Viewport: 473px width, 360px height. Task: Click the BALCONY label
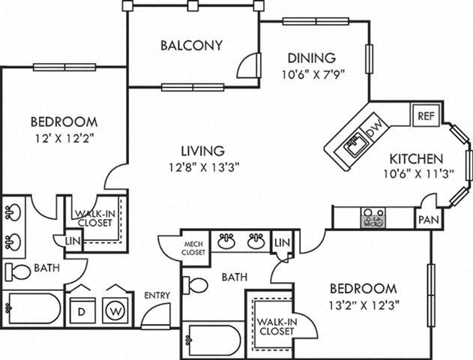(192, 45)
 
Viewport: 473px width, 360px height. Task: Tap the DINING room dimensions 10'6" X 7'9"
(308, 73)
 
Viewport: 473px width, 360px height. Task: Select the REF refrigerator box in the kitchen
(426, 116)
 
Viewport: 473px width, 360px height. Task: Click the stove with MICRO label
(373, 217)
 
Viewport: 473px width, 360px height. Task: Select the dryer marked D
(82, 308)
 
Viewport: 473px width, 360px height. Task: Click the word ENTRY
(158, 295)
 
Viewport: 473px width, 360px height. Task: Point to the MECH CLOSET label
(193, 249)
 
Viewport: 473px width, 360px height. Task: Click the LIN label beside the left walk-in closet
(73, 240)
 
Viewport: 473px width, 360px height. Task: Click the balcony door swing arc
(247, 68)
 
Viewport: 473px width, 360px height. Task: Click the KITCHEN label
(416, 159)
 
